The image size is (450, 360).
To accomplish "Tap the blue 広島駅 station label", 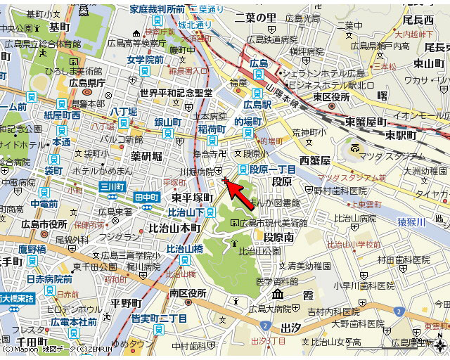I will point(257,104).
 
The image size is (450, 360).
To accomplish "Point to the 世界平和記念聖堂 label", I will point(176,93).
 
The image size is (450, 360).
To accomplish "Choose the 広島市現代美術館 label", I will point(269,223).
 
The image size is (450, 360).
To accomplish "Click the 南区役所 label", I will point(188,292).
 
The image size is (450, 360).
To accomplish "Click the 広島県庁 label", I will point(86,83).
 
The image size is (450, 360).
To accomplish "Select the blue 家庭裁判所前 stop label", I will point(157,9).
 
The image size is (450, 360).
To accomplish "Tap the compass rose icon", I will point(440,345).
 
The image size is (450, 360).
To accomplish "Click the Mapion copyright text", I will point(21,349).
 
